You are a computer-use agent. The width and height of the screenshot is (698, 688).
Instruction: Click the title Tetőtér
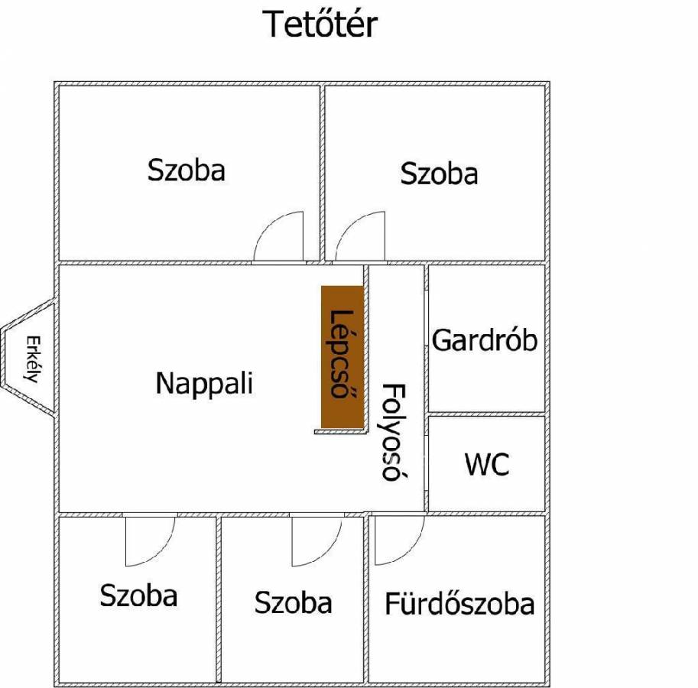click(x=320, y=24)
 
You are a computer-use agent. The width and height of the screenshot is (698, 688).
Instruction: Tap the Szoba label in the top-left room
click(x=187, y=170)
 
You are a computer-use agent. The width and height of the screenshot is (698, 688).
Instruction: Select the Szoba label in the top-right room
click(x=439, y=174)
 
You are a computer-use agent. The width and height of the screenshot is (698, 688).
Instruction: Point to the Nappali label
click(x=204, y=383)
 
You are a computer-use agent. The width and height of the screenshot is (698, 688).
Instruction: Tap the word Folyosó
click(x=391, y=432)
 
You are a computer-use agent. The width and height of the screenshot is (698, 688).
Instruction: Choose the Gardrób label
click(x=485, y=340)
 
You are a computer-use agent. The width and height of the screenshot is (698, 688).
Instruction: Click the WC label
click(x=486, y=464)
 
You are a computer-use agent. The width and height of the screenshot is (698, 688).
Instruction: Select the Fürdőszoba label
click(x=459, y=605)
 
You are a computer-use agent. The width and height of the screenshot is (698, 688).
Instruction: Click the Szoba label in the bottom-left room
click(x=138, y=596)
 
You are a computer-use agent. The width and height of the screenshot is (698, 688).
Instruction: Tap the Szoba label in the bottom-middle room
click(x=293, y=603)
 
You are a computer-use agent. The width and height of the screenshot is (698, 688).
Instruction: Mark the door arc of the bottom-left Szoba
click(x=150, y=541)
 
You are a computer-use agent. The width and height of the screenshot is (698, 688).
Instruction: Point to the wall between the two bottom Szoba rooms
click(x=219, y=599)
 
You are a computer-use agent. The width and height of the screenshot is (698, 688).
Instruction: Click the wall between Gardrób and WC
click(x=486, y=414)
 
